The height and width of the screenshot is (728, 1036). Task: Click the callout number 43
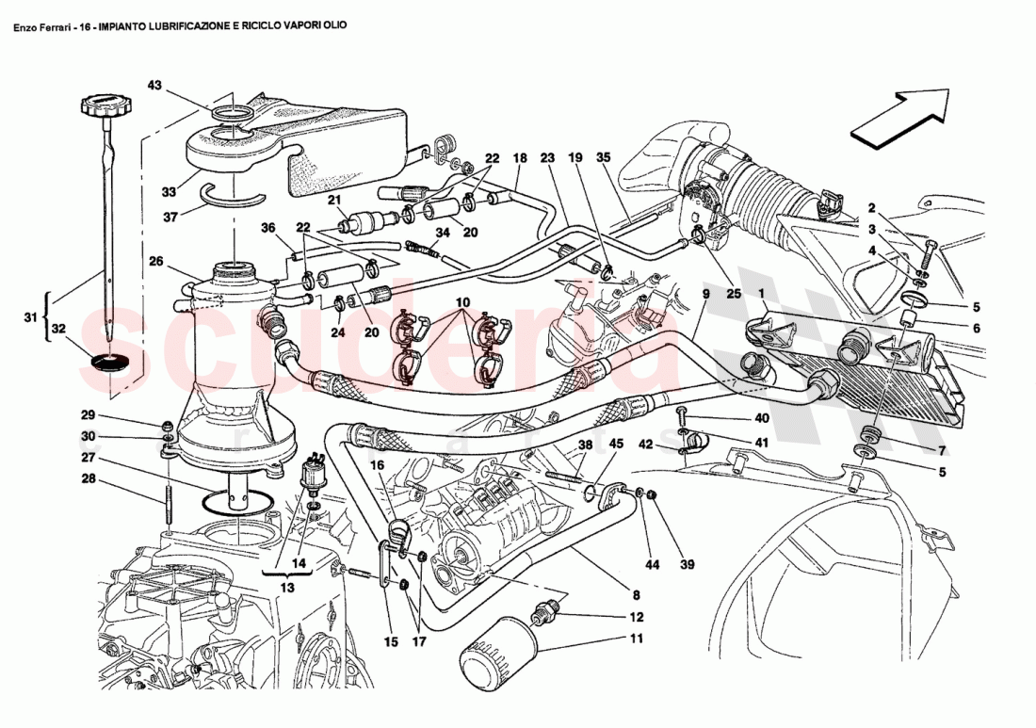154,86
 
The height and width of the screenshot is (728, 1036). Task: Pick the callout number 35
604,157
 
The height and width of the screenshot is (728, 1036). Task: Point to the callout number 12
637,617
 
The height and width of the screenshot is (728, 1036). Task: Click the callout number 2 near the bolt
872,208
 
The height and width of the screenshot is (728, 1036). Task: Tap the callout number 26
155,261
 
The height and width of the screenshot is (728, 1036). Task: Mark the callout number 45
615,444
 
